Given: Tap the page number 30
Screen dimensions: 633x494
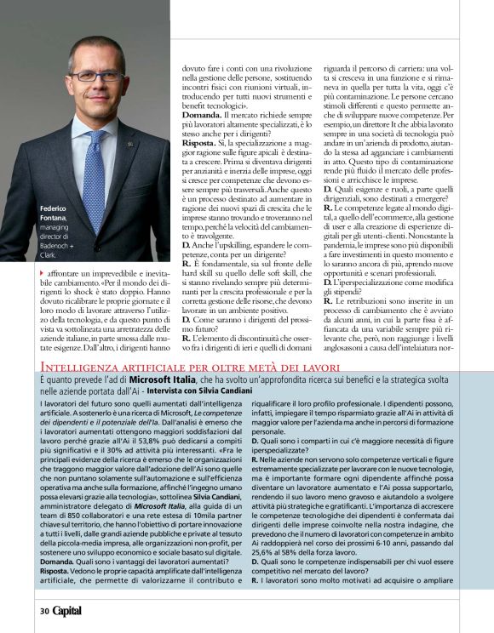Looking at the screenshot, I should pyautogui.click(x=43, y=610).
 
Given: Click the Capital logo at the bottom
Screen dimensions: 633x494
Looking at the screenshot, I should pyautogui.click(x=67, y=610).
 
